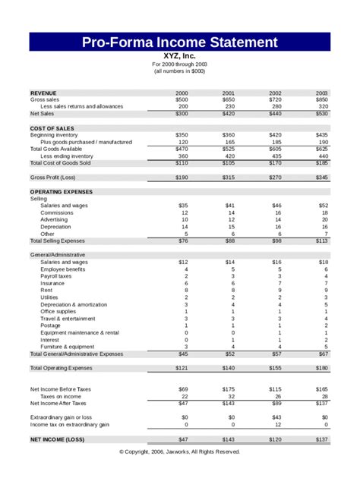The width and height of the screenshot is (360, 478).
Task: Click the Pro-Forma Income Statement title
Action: pyautogui.click(x=180, y=42)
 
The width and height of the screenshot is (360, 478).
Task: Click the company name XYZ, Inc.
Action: pyautogui.click(x=180, y=55)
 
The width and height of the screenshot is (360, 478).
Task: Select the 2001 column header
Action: pyautogui.click(x=229, y=93)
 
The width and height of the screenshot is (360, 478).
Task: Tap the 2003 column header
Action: pyautogui.click(x=322, y=93)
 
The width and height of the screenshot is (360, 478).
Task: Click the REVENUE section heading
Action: pyautogui.click(x=46, y=93)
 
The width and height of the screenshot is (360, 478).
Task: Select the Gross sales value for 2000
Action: pyautogui.click(x=182, y=99)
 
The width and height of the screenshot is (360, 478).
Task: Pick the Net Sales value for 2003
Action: pyautogui.click(x=321, y=113)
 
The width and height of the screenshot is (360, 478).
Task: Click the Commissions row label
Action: pyautogui.click(x=58, y=212)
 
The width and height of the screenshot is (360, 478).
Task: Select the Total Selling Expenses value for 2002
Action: pyautogui.click(x=275, y=241)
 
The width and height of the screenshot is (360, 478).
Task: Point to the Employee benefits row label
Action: pyautogui.click(x=63, y=269)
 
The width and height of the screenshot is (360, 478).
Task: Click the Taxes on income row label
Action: pyautogui.click(x=62, y=396)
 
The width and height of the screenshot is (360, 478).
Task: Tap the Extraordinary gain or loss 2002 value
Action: pyautogui.click(x=276, y=417)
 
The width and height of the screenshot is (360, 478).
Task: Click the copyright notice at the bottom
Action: pyautogui.click(x=180, y=451)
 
